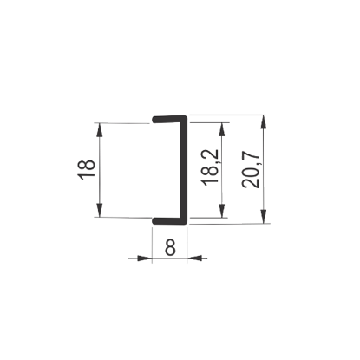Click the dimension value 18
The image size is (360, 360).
click(x=86, y=170)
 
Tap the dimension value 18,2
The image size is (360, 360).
click(x=211, y=167)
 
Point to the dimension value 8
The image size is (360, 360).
click(x=170, y=247)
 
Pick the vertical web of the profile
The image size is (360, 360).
click(x=184, y=170)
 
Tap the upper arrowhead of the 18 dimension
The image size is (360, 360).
click(x=99, y=130)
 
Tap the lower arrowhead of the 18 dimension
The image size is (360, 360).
click(x=99, y=210)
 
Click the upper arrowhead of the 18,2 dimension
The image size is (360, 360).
click(x=222, y=129)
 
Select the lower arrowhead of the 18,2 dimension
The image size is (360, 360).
click(x=222, y=211)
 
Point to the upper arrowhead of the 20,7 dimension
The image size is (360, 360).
click(x=263, y=121)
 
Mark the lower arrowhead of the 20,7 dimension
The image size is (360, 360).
click(x=264, y=216)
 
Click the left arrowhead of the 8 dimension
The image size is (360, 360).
click(x=145, y=258)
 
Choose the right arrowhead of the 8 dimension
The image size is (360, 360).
click(x=194, y=258)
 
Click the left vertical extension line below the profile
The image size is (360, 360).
click(x=152, y=245)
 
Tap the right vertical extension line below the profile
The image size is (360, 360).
click(x=187, y=245)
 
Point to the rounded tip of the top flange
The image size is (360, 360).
click(x=154, y=120)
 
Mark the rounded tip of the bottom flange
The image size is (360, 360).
click(x=154, y=221)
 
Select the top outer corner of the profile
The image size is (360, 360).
click(x=187, y=116)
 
